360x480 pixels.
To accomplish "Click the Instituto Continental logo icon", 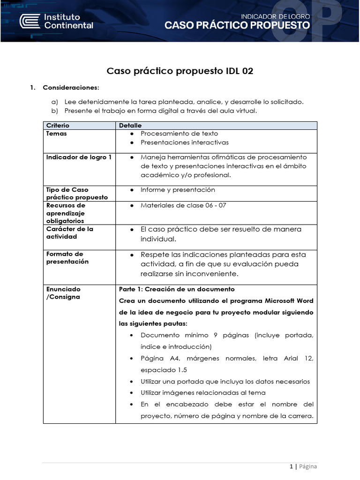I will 30,21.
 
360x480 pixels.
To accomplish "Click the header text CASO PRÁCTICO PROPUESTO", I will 237,26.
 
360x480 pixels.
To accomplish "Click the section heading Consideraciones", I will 71,88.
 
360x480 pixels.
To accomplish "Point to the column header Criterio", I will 58,126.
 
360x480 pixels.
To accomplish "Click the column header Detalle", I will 130,126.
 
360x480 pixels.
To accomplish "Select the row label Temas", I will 56,134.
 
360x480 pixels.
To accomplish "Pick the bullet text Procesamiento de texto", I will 179,134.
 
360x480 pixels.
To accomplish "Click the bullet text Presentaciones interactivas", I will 184,142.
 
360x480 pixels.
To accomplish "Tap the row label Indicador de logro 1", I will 79,157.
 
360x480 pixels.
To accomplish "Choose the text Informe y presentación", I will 178,190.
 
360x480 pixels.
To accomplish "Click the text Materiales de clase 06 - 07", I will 183,205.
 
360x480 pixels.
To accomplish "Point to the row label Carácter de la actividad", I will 69,232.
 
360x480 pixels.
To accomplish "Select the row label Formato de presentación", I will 67,258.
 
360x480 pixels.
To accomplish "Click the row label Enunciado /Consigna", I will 63,293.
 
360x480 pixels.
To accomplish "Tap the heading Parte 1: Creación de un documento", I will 177,289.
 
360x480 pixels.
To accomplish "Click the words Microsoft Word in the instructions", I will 289,300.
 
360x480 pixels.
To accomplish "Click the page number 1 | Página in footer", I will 303,466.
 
